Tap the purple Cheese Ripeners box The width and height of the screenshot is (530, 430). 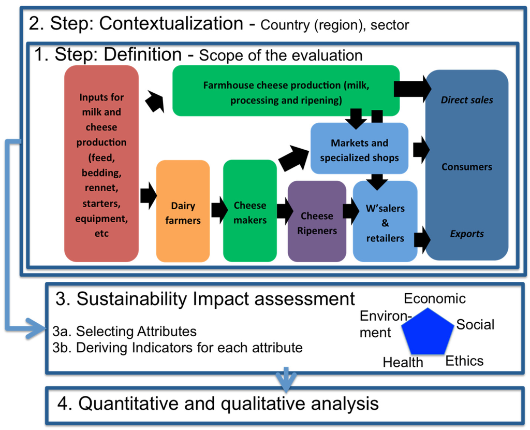(x=317, y=221)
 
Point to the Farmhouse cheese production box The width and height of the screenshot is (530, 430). (x=286, y=91)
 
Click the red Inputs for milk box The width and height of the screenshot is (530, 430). (x=101, y=164)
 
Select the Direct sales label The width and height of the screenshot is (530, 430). (x=467, y=100)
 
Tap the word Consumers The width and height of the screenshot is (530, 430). (x=467, y=167)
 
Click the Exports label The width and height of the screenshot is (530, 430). (x=467, y=234)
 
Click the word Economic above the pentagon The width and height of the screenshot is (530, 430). (x=435, y=299)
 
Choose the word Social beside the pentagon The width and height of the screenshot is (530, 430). (x=475, y=325)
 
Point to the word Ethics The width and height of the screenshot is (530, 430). (x=464, y=361)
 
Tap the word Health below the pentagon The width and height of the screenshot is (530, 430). (x=403, y=363)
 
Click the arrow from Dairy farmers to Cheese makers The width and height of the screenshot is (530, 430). (x=217, y=209)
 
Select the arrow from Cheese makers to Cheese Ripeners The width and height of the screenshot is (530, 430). (x=285, y=211)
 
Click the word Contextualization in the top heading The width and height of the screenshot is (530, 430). (x=170, y=23)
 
